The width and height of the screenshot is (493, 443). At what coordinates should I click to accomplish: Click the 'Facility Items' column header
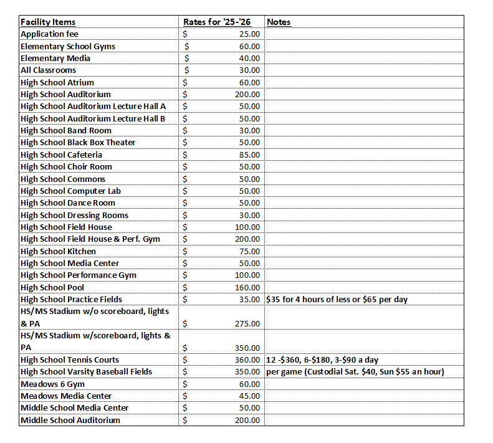[48, 22]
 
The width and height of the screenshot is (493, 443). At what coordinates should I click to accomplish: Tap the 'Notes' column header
[279, 22]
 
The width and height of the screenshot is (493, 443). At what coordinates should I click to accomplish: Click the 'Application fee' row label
[49, 34]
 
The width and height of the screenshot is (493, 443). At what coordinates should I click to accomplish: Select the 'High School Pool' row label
[53, 287]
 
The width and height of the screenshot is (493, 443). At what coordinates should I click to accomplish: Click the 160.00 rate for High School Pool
[247, 287]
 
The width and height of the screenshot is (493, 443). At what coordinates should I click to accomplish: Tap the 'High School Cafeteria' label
[61, 155]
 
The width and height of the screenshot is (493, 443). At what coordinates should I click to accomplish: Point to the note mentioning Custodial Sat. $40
[355, 372]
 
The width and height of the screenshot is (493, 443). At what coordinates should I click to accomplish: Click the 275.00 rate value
[247, 324]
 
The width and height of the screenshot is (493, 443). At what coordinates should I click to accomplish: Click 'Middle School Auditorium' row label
[71, 420]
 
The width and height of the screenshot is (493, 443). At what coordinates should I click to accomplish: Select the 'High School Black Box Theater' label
[78, 143]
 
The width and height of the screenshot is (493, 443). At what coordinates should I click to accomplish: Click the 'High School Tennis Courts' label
[70, 360]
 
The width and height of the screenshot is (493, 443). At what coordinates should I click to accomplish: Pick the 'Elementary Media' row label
[55, 58]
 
